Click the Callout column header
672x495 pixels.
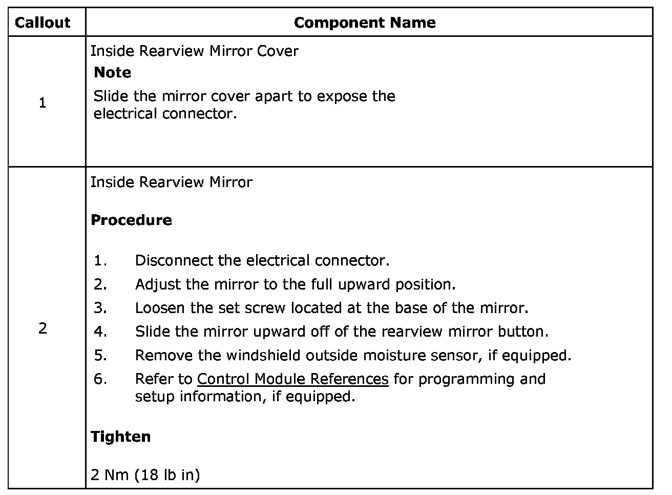[43, 23]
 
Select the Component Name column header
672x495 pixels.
[365, 23]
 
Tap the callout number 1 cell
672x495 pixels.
[43, 103]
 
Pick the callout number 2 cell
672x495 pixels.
[43, 328]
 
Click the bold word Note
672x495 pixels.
[112, 72]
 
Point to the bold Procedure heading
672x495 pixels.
[131, 220]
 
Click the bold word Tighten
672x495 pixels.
[120, 437]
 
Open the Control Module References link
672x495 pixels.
[292, 379]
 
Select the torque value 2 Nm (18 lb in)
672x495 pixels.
[145, 475]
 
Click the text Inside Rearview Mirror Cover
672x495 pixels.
[194, 51]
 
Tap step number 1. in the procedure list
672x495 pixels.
[100, 260]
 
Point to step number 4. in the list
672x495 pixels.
[100, 332]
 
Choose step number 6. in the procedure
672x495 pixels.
[100, 379]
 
